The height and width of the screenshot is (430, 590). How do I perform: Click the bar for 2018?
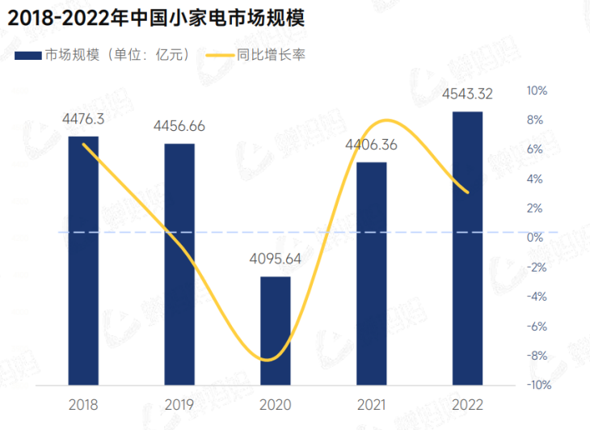tap(83, 260)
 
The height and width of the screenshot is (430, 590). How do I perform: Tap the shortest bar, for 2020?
tap(276, 330)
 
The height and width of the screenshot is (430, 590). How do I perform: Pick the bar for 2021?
tap(372, 273)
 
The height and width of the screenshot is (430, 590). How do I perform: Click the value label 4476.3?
tap(83, 119)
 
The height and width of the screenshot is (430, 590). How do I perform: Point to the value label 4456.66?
tap(179, 126)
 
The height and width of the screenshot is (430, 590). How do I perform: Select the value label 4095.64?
tap(276, 259)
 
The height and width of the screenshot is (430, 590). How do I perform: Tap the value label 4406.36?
tap(372, 145)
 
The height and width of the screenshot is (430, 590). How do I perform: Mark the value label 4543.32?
tap(467, 95)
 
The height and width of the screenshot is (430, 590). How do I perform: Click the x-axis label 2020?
tap(276, 403)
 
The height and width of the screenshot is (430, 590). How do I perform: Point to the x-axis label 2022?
tap(467, 403)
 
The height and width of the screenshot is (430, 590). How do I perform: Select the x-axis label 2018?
tap(83, 403)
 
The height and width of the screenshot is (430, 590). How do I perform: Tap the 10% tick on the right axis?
tap(537, 91)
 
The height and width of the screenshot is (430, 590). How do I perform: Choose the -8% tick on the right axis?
tap(537, 356)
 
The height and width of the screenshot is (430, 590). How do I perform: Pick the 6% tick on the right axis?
tap(537, 150)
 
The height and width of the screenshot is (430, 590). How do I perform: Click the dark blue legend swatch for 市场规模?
tap(27, 55)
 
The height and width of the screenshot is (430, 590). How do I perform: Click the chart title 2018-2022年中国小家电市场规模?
tap(150, 17)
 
